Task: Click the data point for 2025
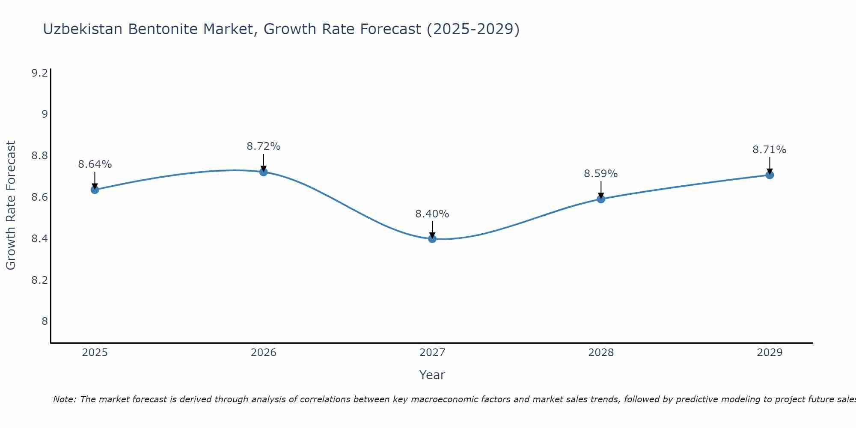click(95, 190)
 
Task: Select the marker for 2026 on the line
click(264, 172)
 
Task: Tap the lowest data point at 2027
click(432, 239)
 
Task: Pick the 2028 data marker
click(601, 199)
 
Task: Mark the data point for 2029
click(770, 175)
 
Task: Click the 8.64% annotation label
click(95, 164)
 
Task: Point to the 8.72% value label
click(264, 146)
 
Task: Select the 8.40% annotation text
click(432, 214)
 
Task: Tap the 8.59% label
click(601, 174)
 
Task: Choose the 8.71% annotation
click(770, 150)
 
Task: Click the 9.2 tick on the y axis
click(39, 73)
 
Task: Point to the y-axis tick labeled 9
click(45, 114)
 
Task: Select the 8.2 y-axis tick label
click(39, 280)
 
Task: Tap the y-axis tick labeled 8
click(45, 321)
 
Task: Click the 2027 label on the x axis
click(432, 353)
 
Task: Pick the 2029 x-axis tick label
click(770, 353)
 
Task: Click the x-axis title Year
click(432, 375)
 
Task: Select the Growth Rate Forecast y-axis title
click(11, 205)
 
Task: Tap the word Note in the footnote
click(64, 399)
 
